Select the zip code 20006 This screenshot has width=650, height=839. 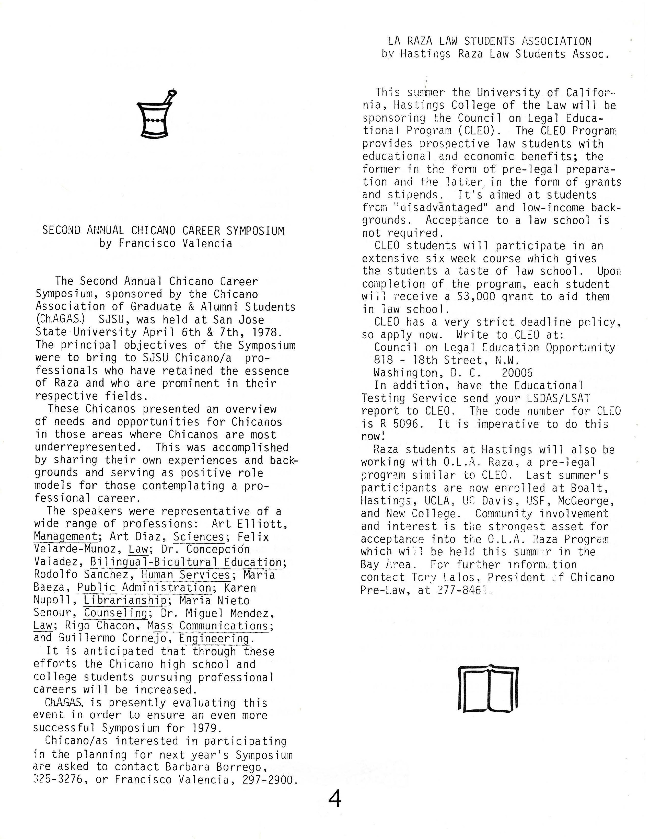tap(517, 373)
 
